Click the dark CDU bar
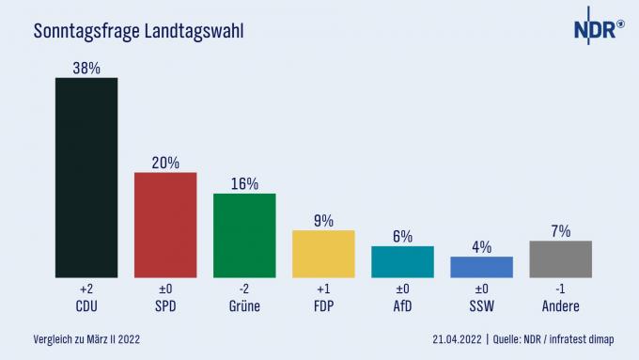click(x=86, y=177)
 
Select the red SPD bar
click(x=165, y=225)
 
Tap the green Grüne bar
click(x=244, y=235)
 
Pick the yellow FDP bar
click(x=323, y=253)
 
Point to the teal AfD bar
click(x=402, y=261)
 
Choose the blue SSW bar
click(x=481, y=266)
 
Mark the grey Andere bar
click(x=560, y=258)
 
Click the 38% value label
click(x=86, y=66)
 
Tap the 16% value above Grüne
click(x=244, y=182)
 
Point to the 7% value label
click(x=560, y=229)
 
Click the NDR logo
click(x=599, y=29)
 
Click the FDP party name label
click(x=323, y=306)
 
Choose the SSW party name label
click(x=481, y=306)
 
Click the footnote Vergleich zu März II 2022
click(x=86, y=337)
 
